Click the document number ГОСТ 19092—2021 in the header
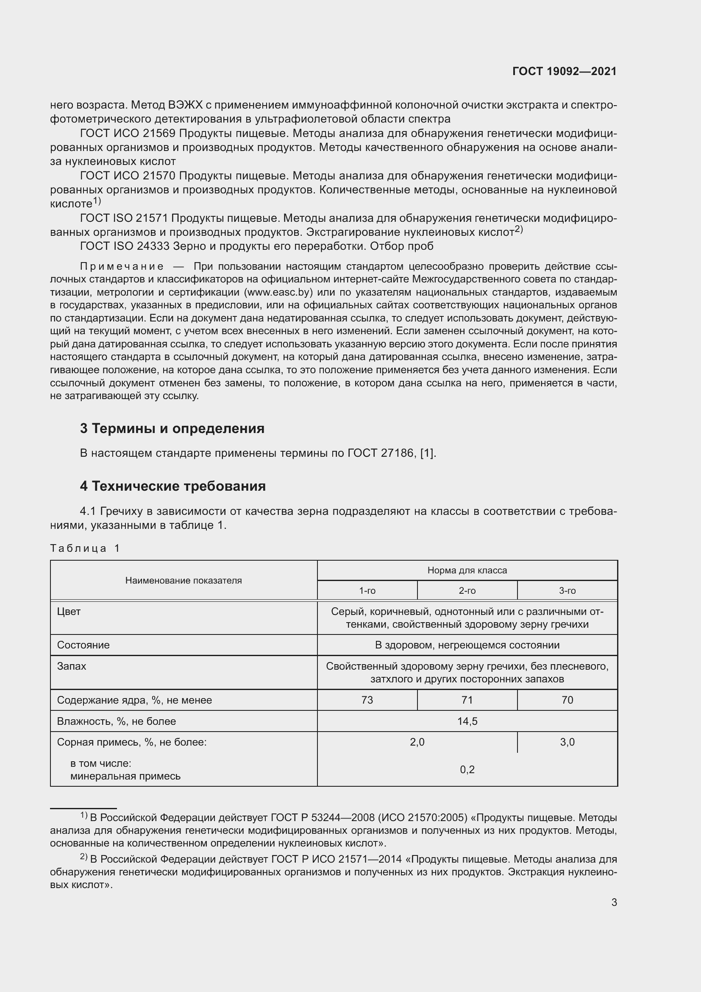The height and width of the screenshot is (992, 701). [x=564, y=72]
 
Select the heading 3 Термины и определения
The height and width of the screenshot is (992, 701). [x=172, y=429]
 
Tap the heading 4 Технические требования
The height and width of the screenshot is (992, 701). [x=172, y=486]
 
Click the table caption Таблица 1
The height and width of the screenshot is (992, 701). [x=85, y=548]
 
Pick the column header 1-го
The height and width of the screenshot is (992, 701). [x=367, y=591]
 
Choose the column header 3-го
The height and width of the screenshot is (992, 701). [x=567, y=591]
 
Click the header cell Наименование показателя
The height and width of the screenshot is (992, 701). [x=184, y=581]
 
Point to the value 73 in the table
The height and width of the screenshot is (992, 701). [x=367, y=700]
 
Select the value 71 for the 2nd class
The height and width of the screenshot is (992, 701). [x=467, y=700]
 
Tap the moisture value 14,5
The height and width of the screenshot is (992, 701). [x=467, y=721]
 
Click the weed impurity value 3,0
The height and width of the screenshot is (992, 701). [x=567, y=742]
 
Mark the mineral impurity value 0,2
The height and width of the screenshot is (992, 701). [x=467, y=769]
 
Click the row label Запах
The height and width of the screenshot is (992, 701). [x=72, y=666]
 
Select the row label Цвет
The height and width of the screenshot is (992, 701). [x=69, y=612]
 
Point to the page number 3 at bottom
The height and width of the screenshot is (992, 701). [x=614, y=903]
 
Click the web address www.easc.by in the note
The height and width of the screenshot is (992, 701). [x=278, y=292]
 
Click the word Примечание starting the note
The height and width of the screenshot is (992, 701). [x=122, y=266]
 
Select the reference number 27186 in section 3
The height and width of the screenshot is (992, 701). [x=397, y=453]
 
